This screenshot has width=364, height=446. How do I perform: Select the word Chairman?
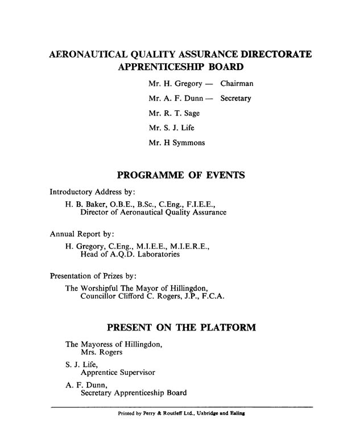pos(237,84)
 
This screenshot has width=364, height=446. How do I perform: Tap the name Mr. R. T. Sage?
pos(174,113)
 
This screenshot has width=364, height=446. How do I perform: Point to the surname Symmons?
pos(185,143)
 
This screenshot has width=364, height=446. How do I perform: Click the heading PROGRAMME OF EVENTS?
pos(181,175)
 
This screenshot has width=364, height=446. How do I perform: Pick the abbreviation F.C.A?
pos(213,296)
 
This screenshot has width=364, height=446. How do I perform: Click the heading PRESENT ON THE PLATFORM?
pos(181,328)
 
